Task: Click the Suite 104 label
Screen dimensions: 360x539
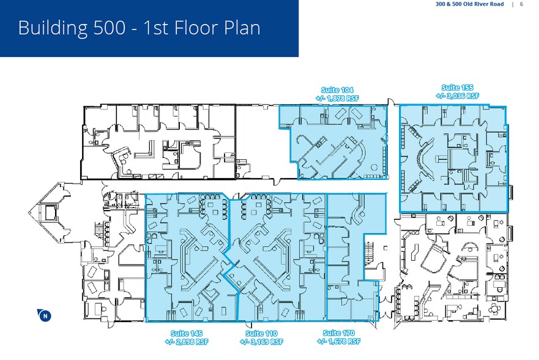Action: tap(334, 89)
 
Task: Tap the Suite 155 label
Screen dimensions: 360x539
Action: tap(457, 88)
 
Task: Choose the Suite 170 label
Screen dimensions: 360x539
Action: tap(339, 333)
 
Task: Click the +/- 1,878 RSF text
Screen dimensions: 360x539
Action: tap(334, 97)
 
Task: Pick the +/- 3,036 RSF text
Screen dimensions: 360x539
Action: tap(457, 96)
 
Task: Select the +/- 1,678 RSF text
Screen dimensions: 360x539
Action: tap(339, 341)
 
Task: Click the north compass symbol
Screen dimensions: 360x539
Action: tap(44, 316)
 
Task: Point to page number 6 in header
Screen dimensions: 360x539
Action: tap(521, 4)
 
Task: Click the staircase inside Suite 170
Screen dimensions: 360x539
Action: tap(368, 252)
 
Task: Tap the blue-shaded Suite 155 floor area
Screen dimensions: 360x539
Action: tap(453, 159)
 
